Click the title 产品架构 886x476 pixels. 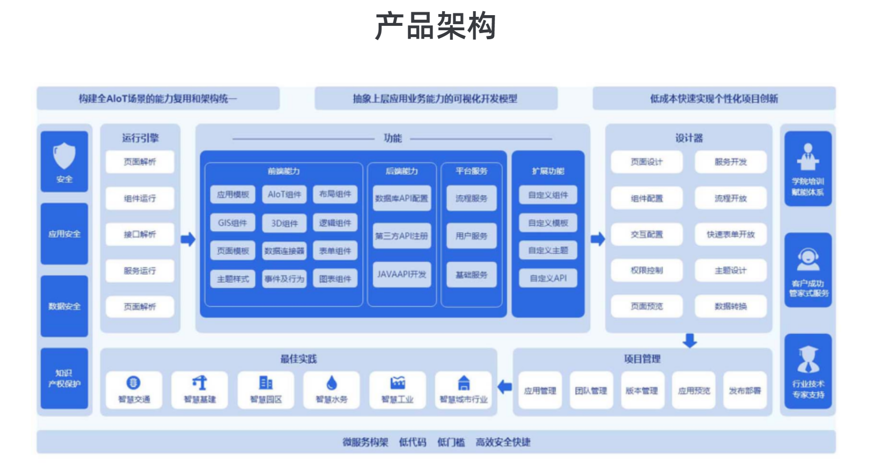(435, 26)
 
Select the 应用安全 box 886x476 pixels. (65, 234)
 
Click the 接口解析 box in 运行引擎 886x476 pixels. (140, 234)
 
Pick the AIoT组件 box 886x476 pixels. (284, 195)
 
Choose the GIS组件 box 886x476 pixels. (233, 223)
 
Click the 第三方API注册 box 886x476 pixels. (402, 236)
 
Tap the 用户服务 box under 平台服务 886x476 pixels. (471, 236)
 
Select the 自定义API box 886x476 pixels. (548, 278)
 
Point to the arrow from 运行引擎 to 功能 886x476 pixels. (188, 239)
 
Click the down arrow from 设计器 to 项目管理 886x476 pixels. (690, 340)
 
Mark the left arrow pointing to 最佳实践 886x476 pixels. (505, 386)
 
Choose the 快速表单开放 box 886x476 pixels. (731, 234)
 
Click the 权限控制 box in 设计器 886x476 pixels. (646, 270)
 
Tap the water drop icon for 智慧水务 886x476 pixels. (332, 383)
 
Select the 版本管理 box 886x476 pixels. (641, 391)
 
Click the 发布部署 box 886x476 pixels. (745, 391)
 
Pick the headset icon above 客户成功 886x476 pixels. (808, 258)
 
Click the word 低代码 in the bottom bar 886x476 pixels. (412, 442)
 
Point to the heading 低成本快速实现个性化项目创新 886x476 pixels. (714, 99)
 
